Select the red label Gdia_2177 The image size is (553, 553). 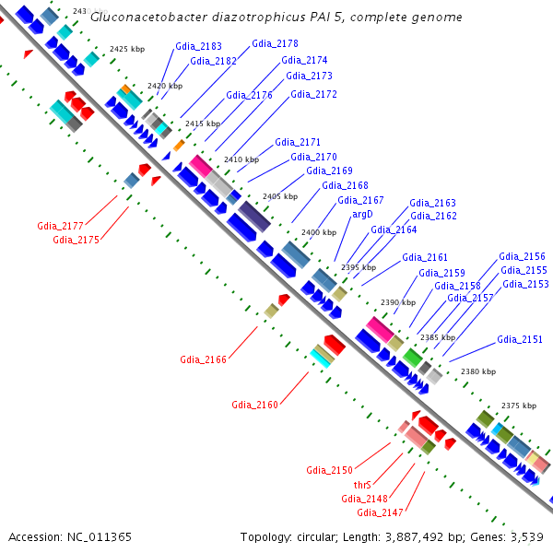61,225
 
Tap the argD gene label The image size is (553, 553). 362,214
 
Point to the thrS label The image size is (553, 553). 362,484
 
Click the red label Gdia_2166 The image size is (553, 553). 204,359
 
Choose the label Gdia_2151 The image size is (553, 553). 520,339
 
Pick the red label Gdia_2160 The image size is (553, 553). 255,405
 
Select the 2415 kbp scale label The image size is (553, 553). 203,124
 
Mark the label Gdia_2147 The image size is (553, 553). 381,512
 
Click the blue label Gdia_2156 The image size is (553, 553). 522,256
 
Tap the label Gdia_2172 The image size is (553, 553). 313,94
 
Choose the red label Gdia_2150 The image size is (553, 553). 330,470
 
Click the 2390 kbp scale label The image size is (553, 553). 398,302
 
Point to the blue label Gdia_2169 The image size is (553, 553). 329,171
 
